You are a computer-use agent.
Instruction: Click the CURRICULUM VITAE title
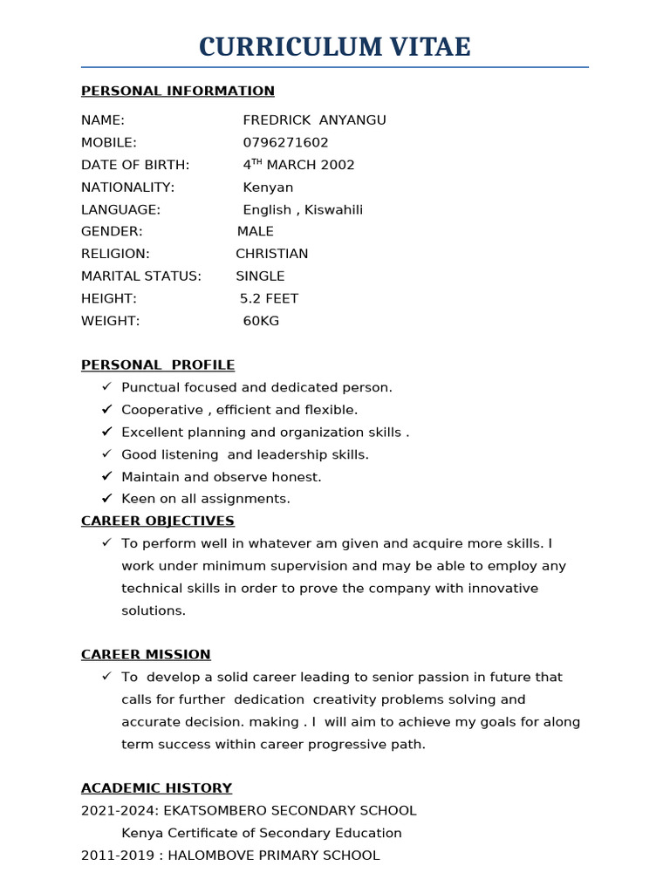(x=334, y=47)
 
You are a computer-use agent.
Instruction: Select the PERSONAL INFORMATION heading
(x=178, y=91)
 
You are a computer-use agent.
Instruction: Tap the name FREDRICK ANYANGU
(x=314, y=120)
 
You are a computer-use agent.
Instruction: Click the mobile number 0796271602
(x=285, y=142)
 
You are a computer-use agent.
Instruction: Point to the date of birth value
(x=298, y=165)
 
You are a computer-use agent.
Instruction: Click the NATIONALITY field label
(x=127, y=187)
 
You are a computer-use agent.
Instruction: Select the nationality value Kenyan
(x=268, y=187)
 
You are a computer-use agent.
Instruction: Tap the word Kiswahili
(x=333, y=210)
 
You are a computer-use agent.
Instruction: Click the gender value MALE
(x=256, y=232)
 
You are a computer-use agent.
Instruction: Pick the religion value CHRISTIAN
(x=272, y=254)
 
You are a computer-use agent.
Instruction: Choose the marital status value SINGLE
(x=260, y=276)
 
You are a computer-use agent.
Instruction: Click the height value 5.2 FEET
(x=269, y=298)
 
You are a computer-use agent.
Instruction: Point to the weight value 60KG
(x=261, y=321)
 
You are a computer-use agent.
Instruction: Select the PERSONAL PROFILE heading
(x=158, y=365)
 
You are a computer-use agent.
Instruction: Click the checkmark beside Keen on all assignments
(x=106, y=498)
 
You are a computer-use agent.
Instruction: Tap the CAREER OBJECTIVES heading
(x=158, y=521)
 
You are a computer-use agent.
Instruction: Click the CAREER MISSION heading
(x=146, y=654)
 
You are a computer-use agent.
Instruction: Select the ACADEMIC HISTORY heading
(x=157, y=787)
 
